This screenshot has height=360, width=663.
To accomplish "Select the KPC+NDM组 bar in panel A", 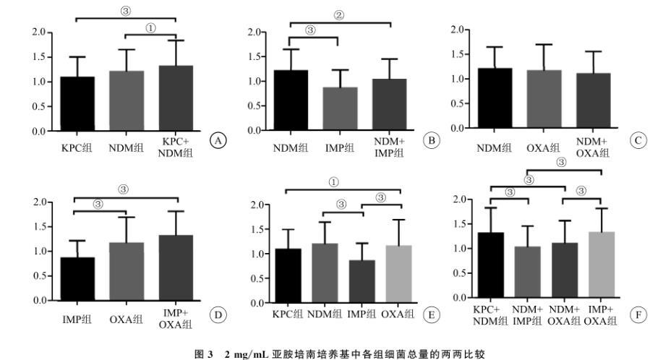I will (176, 98).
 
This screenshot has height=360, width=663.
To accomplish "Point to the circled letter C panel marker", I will (637, 140).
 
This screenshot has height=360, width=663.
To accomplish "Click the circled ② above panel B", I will (338, 15).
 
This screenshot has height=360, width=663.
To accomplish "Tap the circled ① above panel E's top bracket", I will (333, 182).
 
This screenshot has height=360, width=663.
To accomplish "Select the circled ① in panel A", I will (150, 27).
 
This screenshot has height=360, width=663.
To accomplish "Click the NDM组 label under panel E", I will (330, 314).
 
